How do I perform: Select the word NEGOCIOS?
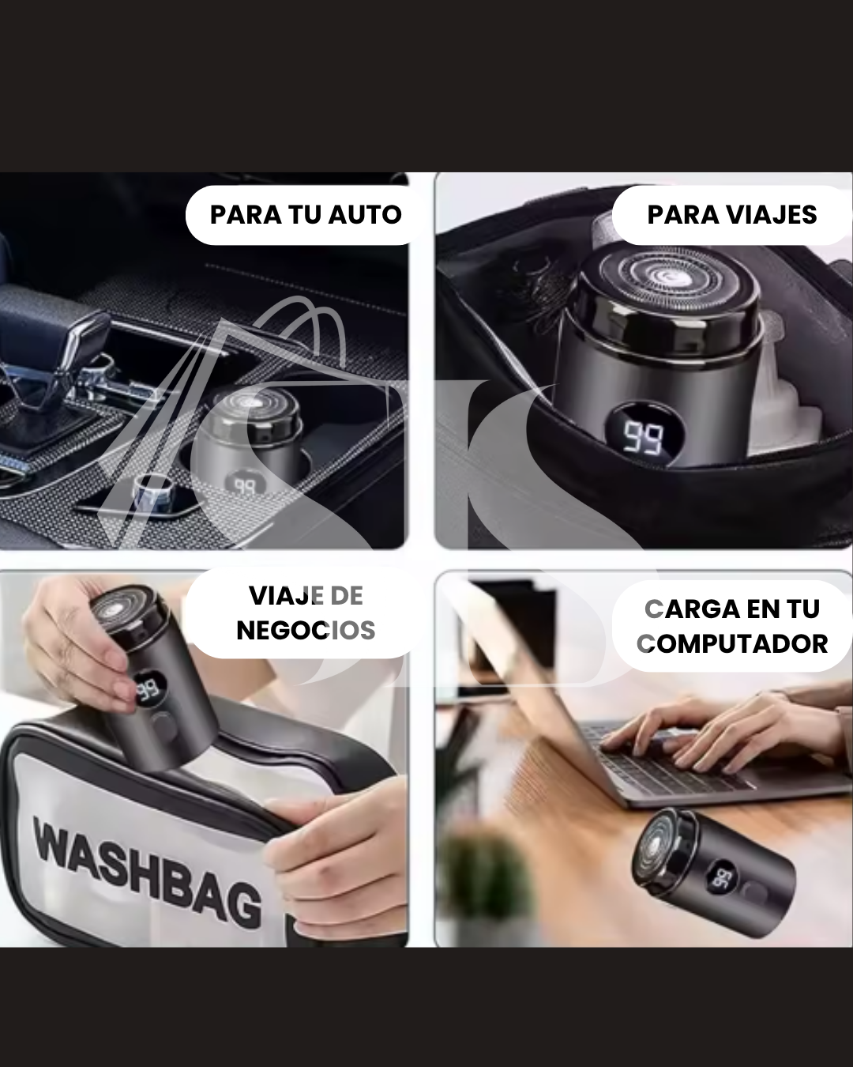[306, 630]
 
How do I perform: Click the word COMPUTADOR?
[732, 643]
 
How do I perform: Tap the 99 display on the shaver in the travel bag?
[643, 437]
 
